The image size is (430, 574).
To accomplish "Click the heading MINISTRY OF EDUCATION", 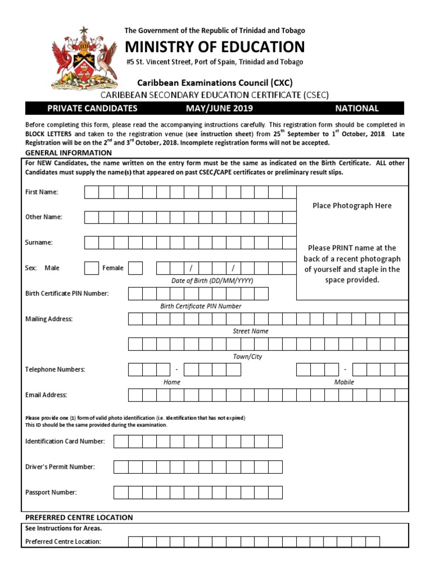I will [x=214, y=47].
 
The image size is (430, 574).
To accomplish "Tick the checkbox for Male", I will [x=91, y=268].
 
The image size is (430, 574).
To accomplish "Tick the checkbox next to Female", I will [x=135, y=268].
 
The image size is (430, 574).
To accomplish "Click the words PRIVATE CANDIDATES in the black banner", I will [x=92, y=108].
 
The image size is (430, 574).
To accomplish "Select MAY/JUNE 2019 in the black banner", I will [x=219, y=108].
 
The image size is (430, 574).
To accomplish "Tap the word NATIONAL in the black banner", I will [x=357, y=108].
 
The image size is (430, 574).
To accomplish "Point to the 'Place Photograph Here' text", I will [x=352, y=206].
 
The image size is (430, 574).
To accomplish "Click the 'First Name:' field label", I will [x=42, y=192].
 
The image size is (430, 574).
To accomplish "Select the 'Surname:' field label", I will [x=39, y=243].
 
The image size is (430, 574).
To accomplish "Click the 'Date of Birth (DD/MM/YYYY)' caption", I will [x=212, y=280].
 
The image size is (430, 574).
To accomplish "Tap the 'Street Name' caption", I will [x=250, y=331].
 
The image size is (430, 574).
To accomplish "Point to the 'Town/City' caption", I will [x=247, y=357].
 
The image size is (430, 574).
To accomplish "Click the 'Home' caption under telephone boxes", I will [x=172, y=382].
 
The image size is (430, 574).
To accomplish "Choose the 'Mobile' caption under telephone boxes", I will [x=344, y=382].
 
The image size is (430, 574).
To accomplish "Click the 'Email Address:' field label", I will [x=46, y=395].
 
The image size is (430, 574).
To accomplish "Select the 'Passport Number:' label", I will [x=51, y=493].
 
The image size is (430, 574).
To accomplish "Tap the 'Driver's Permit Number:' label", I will [x=60, y=467].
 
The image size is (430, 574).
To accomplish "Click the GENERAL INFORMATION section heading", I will [x=69, y=153].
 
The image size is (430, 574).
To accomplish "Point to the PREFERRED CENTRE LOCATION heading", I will [x=79, y=517].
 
